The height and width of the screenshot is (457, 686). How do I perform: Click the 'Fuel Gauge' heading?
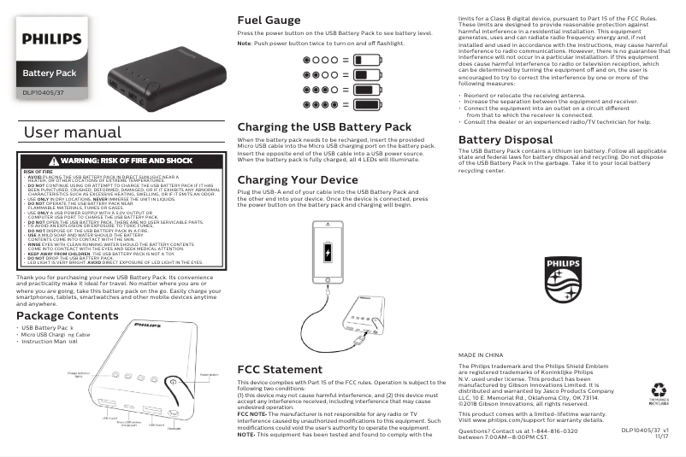(269, 20)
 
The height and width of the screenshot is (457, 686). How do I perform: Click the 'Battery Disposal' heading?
(506, 139)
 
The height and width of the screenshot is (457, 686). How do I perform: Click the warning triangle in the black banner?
(53, 161)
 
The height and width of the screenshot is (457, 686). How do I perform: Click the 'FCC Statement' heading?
(279, 369)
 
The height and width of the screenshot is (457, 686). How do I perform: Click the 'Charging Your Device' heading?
(297, 179)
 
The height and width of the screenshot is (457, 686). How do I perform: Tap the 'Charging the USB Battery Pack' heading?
(324, 126)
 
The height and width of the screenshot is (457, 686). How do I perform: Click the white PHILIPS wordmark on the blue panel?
(51, 38)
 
